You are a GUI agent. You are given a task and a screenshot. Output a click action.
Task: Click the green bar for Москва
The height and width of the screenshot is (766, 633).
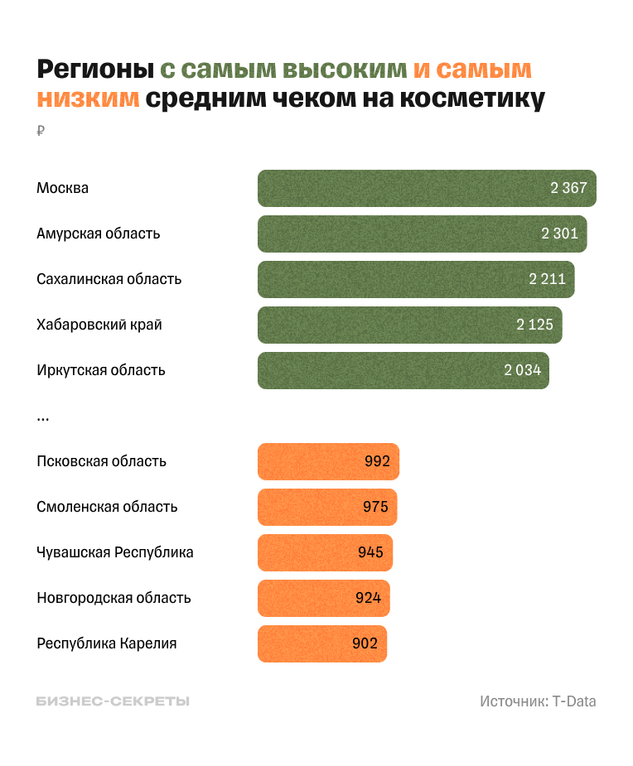click(x=427, y=188)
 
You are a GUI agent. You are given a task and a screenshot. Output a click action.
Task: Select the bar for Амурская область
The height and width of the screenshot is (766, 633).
click(x=423, y=234)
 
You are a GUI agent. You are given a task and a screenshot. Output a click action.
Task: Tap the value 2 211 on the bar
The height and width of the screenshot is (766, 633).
click(x=548, y=279)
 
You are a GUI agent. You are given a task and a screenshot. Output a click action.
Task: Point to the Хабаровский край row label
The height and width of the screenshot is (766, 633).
click(x=99, y=325)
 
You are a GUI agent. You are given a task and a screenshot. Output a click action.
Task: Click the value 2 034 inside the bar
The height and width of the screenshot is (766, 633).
click(x=522, y=370)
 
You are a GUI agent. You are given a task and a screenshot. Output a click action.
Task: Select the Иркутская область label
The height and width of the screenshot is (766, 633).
click(x=101, y=370)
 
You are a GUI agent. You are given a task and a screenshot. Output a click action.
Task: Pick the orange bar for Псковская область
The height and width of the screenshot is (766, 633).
click(x=328, y=461)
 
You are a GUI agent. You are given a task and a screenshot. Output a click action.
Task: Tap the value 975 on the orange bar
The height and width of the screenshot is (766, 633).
click(x=375, y=507)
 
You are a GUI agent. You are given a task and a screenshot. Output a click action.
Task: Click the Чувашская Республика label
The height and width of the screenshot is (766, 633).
click(x=115, y=552)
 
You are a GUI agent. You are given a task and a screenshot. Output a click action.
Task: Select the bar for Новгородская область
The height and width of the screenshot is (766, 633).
click(x=323, y=598)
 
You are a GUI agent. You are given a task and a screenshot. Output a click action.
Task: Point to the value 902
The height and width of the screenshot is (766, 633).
click(x=365, y=643)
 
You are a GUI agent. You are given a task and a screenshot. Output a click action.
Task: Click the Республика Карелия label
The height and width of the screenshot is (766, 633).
click(x=107, y=643)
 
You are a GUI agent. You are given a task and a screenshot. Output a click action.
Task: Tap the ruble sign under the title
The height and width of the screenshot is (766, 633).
click(x=41, y=131)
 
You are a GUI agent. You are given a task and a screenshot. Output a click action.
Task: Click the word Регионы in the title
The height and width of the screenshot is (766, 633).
click(x=94, y=69)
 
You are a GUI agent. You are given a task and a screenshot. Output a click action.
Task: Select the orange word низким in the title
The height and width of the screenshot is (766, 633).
click(x=88, y=99)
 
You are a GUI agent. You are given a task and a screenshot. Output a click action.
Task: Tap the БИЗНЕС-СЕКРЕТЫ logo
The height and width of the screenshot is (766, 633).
click(x=113, y=701)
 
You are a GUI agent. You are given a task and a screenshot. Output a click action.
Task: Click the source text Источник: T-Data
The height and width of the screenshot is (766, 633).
click(x=538, y=701)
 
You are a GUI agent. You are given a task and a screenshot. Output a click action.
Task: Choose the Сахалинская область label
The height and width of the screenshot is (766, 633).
click(x=109, y=279)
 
